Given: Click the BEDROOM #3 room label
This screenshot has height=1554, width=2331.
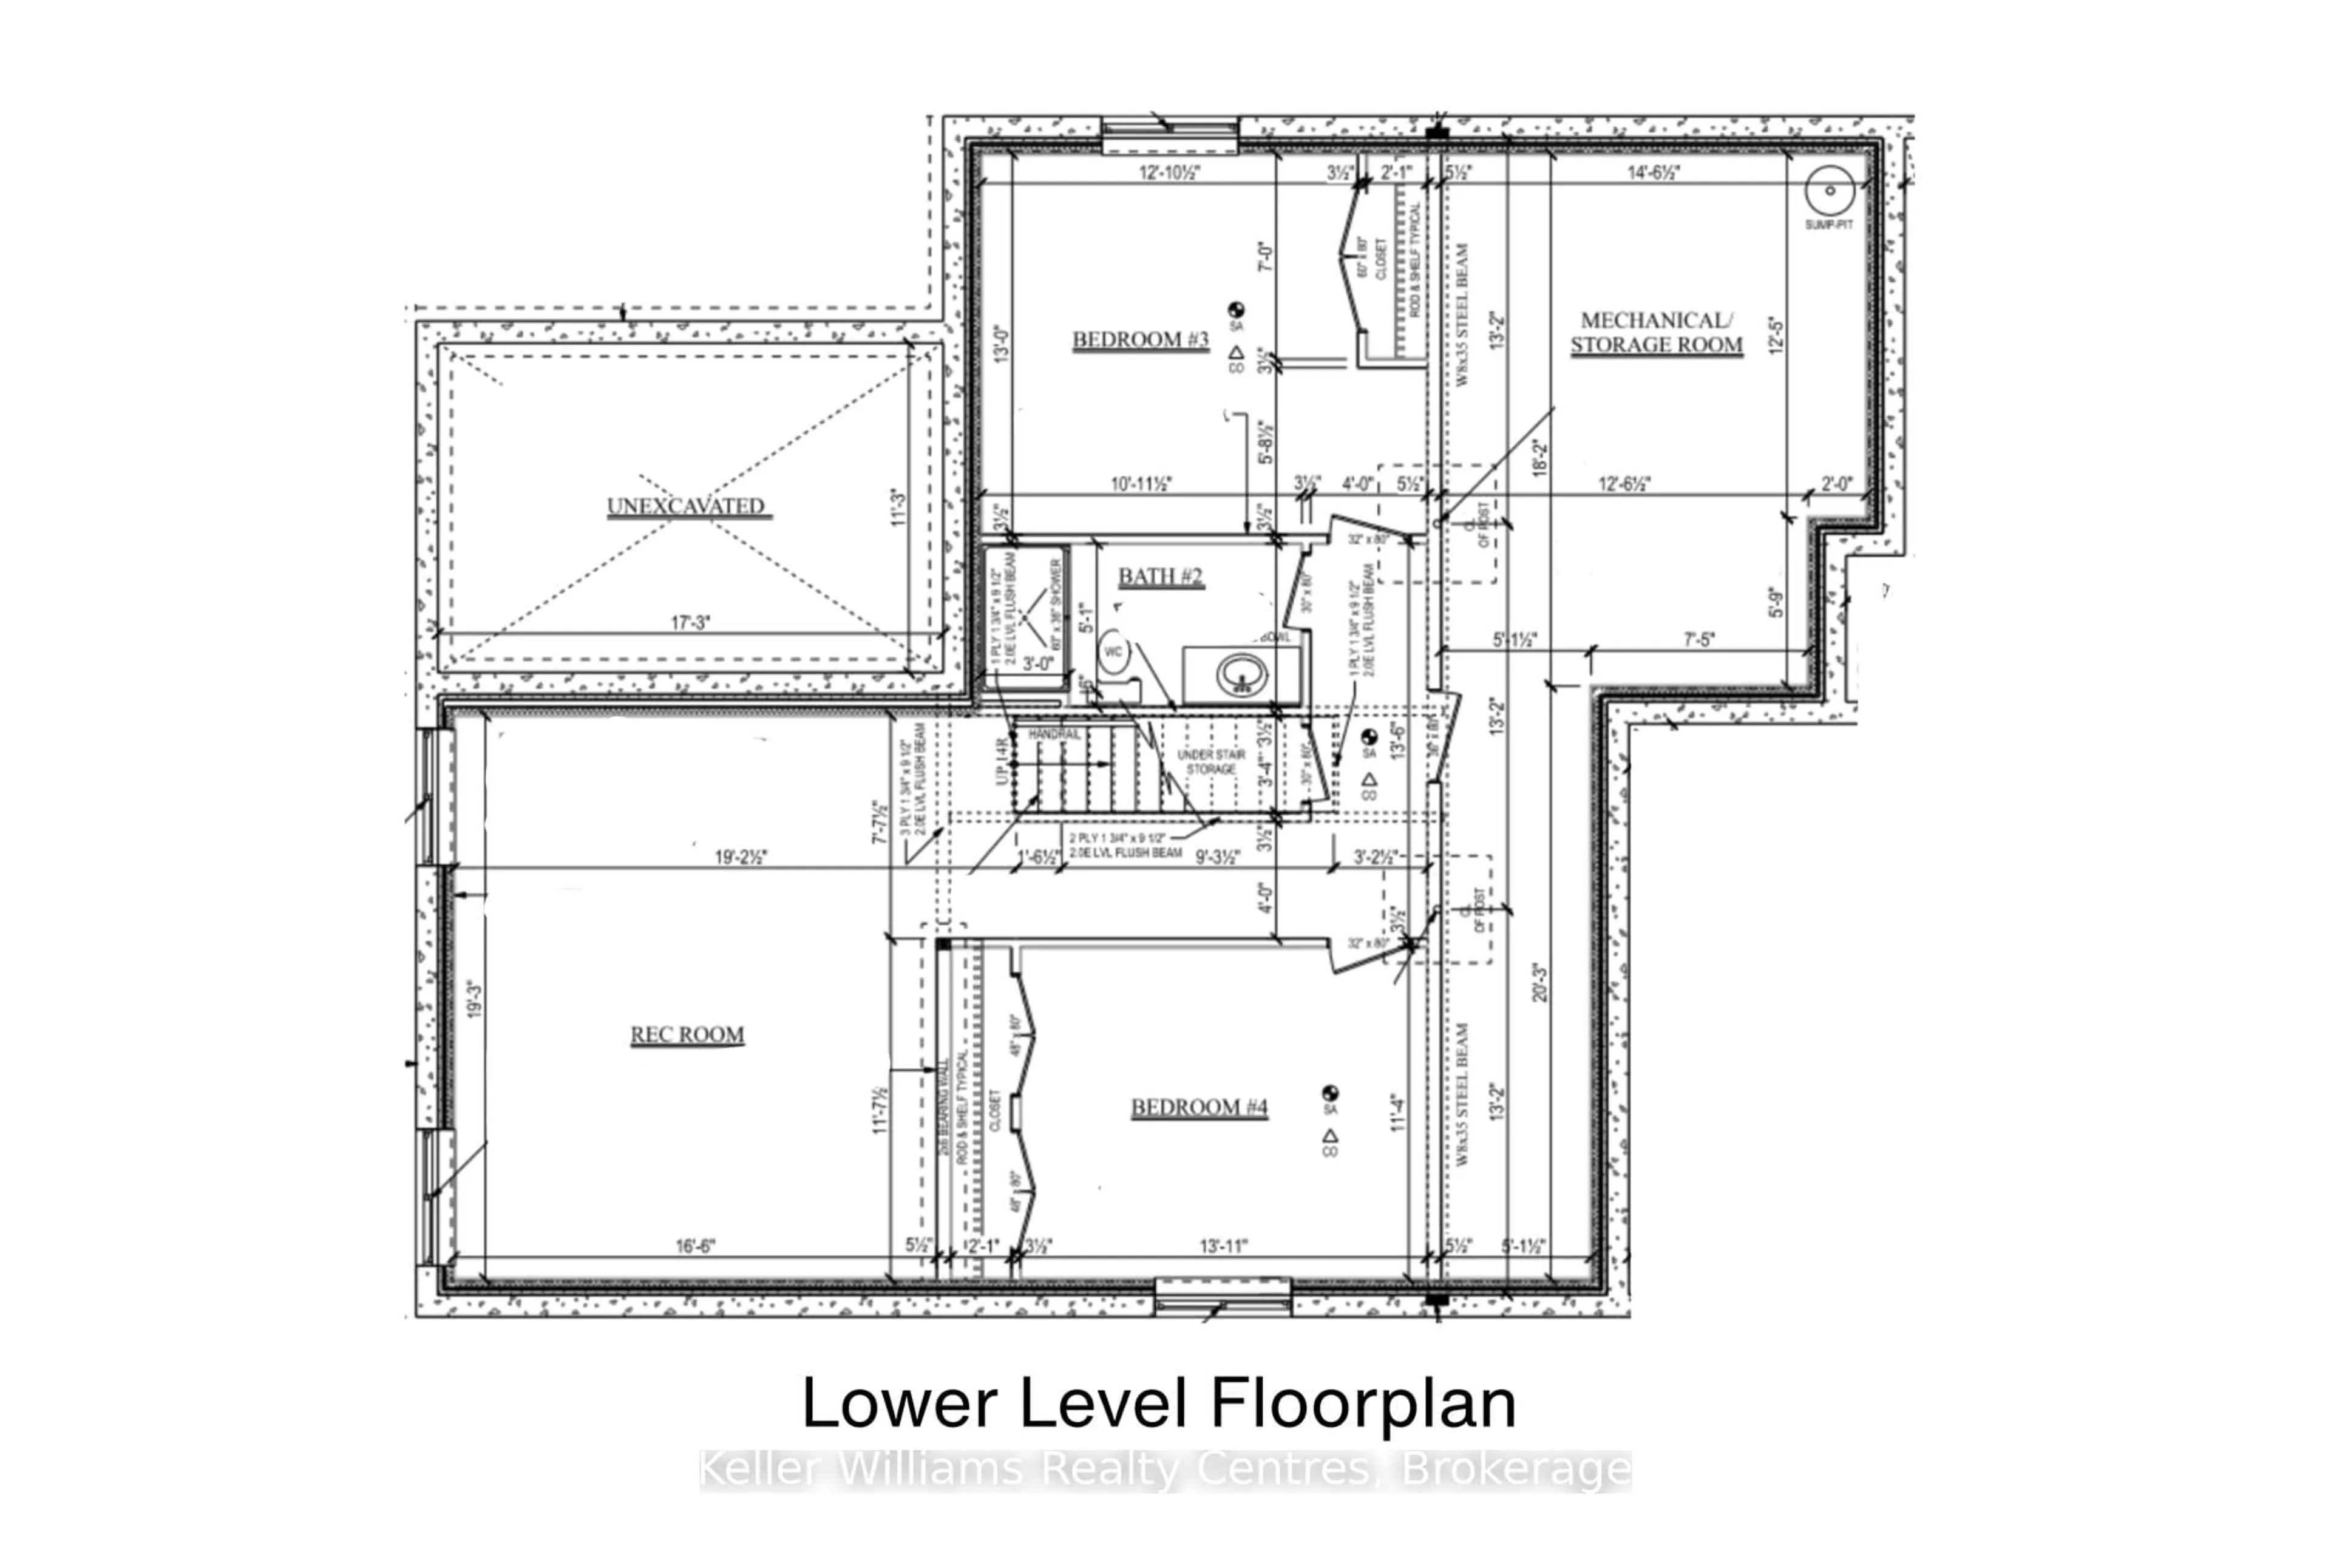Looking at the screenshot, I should (1140, 340).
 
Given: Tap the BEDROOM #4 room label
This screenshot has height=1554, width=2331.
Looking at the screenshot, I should (1199, 1107).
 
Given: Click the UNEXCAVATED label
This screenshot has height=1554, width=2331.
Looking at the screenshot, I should (686, 506).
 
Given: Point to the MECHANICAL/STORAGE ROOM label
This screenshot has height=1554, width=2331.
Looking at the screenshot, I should (1655, 333).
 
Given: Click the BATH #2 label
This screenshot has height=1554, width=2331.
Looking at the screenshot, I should (1161, 577).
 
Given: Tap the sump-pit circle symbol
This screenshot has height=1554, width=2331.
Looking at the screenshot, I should (1830, 190).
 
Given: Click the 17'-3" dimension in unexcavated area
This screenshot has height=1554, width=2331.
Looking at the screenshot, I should (691, 622).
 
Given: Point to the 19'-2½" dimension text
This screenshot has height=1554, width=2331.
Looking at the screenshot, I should (741, 857).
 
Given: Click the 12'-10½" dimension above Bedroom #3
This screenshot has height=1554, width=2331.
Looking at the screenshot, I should (1170, 172).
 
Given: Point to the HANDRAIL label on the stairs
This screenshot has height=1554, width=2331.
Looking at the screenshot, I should (1054, 735).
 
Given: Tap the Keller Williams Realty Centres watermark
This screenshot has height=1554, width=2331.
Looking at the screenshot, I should (1165, 1470).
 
